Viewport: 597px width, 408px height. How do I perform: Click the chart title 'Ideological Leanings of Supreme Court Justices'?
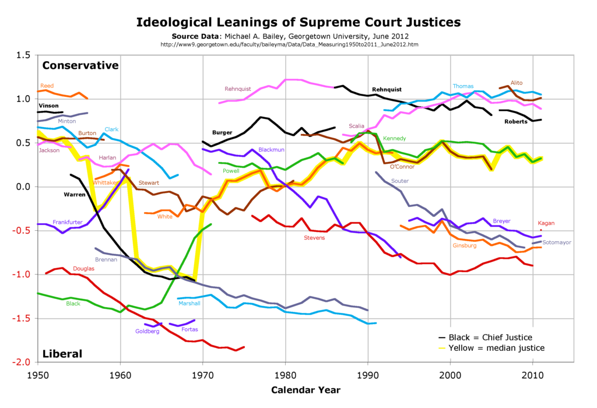point(298,22)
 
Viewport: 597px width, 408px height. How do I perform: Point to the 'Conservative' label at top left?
point(80,65)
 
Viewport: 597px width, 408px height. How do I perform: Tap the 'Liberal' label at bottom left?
point(62,354)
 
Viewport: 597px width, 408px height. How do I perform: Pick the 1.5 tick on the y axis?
point(23,55)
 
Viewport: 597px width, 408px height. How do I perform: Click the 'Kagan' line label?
point(547,223)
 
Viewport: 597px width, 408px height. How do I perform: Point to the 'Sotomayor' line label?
point(558,242)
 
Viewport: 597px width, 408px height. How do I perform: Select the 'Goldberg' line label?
point(147,332)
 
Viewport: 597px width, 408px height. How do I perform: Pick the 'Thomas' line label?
point(463,86)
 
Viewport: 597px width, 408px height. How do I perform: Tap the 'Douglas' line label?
point(84,269)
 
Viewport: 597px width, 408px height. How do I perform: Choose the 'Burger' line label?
point(222,133)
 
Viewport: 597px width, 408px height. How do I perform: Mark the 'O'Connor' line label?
point(402,167)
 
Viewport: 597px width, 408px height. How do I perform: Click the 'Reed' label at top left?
point(47,86)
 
